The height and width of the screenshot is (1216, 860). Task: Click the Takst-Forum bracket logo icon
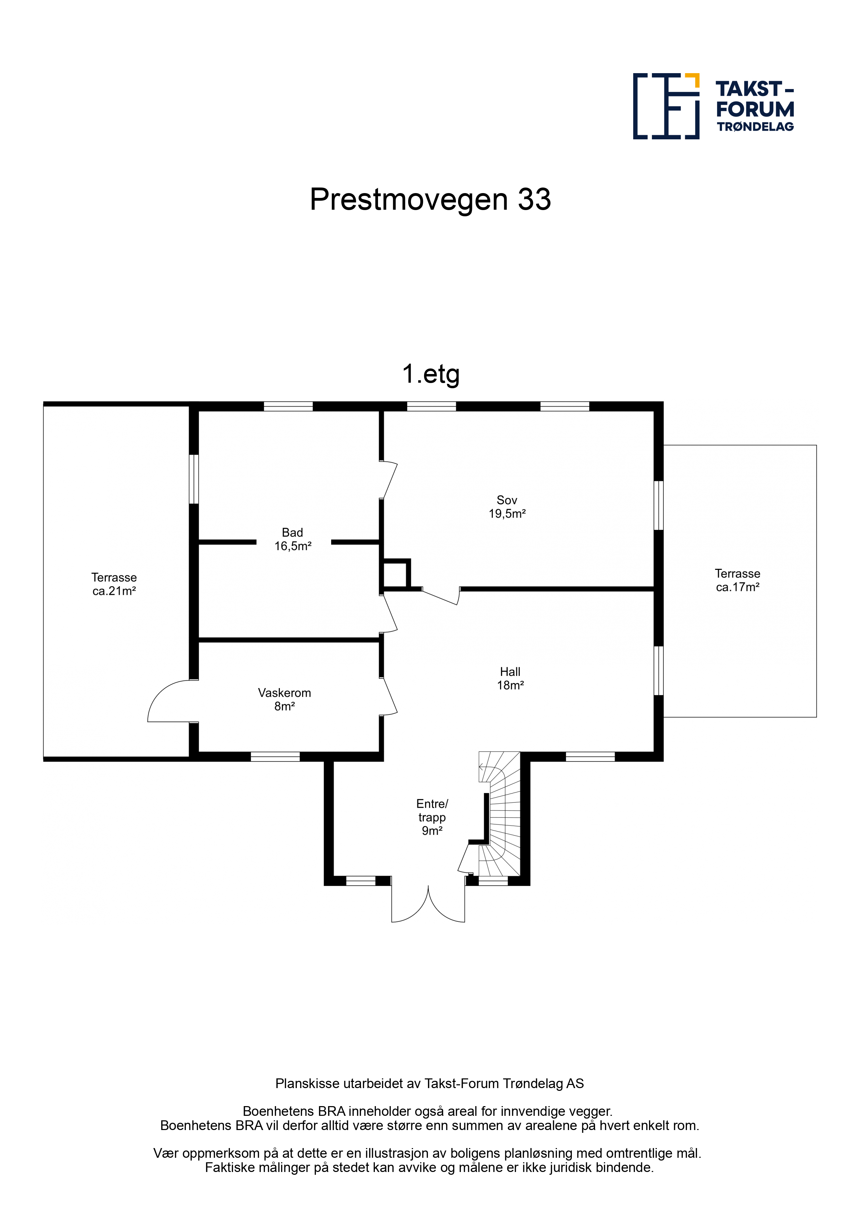(x=666, y=106)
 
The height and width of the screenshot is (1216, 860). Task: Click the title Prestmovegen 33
(x=430, y=200)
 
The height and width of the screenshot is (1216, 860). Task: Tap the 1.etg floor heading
(x=431, y=374)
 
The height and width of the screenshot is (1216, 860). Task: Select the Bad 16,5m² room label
(x=292, y=539)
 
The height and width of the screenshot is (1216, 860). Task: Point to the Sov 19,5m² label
(x=507, y=507)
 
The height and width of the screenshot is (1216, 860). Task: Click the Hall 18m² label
(x=510, y=678)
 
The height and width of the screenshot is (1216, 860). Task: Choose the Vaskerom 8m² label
(x=285, y=699)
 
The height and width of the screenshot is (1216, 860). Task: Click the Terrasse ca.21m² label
(x=114, y=584)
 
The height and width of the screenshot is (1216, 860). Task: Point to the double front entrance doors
(x=428, y=901)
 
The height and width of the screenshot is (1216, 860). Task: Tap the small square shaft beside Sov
(x=395, y=574)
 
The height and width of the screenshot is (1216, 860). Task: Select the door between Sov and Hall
(x=441, y=596)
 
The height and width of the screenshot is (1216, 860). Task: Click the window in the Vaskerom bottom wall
(x=275, y=756)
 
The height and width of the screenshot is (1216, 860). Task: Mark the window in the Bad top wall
(x=288, y=406)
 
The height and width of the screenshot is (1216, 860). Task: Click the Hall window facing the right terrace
(x=659, y=670)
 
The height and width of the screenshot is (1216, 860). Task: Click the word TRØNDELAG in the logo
(x=755, y=127)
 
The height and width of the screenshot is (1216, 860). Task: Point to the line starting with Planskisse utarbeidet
(x=429, y=1084)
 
